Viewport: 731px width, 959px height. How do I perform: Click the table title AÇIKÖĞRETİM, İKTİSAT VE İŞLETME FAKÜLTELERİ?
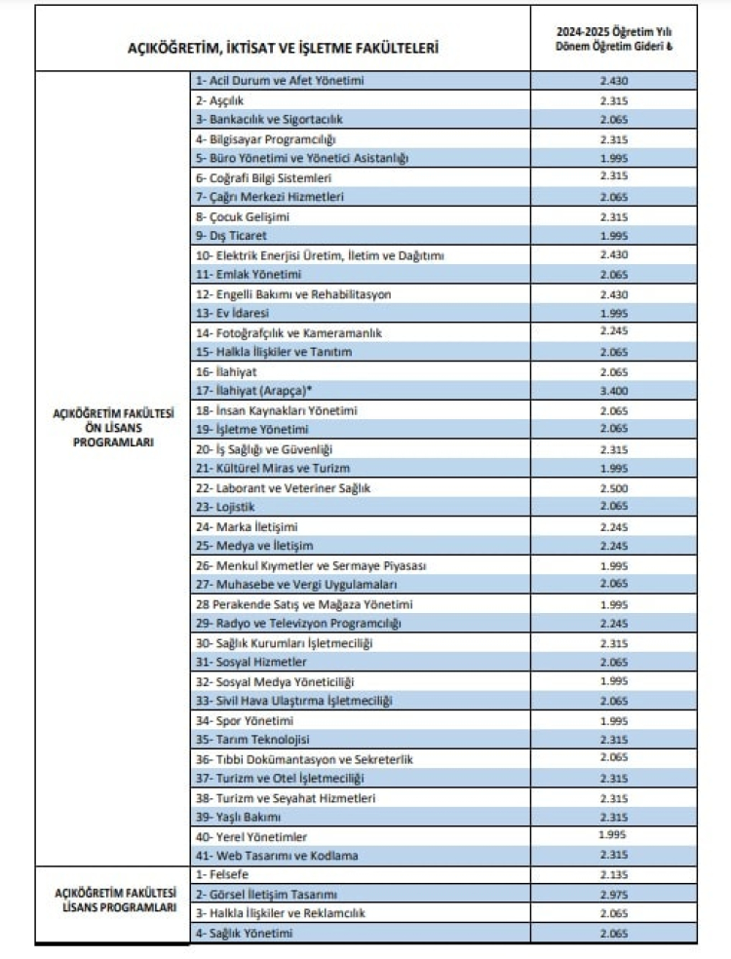pos(283,47)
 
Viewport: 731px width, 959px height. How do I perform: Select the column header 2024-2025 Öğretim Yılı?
pos(614,31)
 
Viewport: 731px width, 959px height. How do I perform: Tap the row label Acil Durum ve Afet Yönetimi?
pos(280,80)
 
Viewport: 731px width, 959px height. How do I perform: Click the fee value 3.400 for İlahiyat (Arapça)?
pos(613,391)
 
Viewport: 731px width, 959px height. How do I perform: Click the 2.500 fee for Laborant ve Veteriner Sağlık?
pos(613,487)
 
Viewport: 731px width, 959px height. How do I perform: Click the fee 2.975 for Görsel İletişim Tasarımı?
pos(613,894)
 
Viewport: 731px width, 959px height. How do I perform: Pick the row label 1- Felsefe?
pos(220,874)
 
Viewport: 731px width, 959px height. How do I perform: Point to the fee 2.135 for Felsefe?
pos(613,874)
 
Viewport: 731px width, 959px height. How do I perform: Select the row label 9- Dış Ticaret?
pos(231,235)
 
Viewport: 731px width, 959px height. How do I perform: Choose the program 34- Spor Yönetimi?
pos(245,719)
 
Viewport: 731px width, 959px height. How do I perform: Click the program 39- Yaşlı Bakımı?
pos(239,816)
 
